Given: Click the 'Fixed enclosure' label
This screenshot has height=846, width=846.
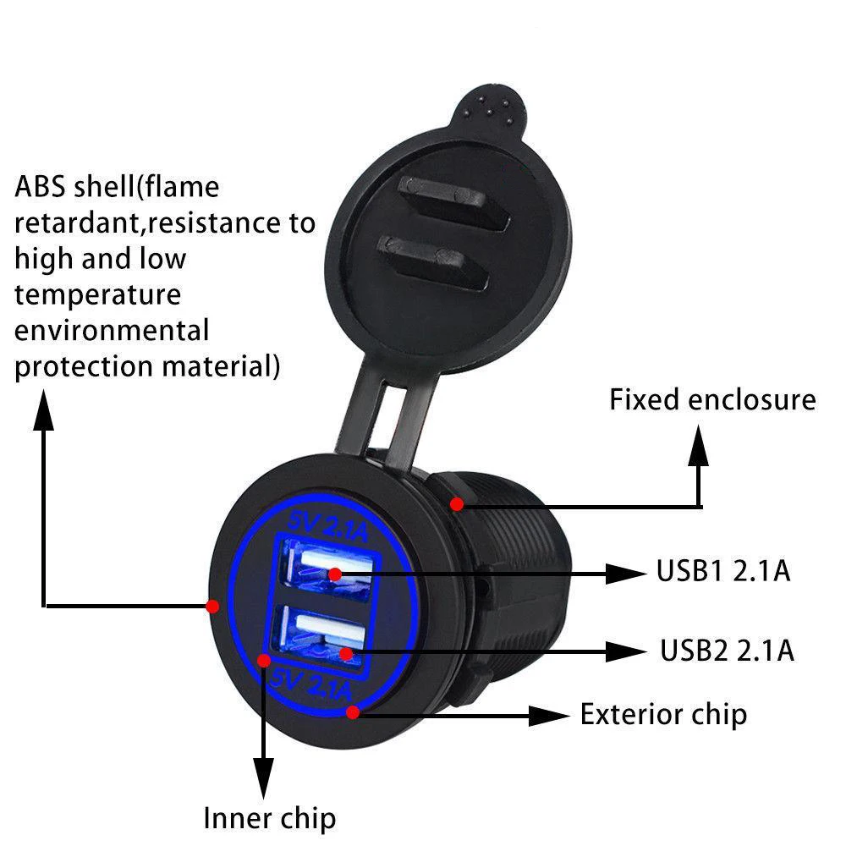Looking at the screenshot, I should (712, 399).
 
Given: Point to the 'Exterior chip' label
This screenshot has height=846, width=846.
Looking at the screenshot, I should (662, 715).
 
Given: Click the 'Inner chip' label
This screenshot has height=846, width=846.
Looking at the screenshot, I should (269, 818).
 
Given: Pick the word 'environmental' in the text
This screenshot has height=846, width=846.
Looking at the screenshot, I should (112, 329).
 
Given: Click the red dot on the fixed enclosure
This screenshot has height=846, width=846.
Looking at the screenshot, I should (457, 504).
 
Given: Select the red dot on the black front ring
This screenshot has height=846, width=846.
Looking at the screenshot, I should (212, 606).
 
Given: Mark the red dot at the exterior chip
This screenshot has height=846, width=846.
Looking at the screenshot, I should (353, 712).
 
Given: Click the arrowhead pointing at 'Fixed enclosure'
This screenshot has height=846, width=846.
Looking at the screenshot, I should (699, 444).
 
